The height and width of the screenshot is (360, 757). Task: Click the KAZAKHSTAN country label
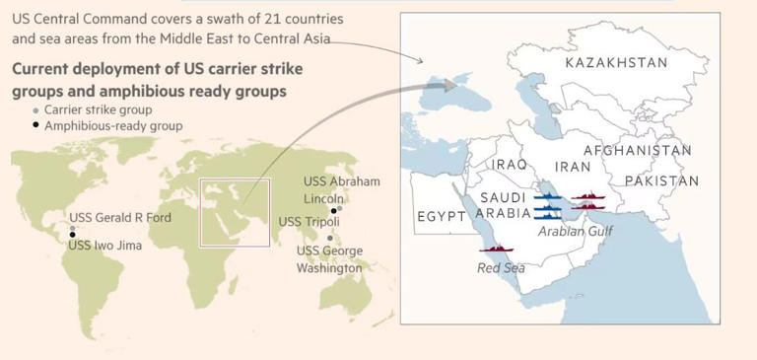point(616,63)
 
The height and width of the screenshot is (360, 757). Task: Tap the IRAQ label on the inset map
point(511,164)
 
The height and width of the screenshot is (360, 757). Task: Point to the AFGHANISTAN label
point(637,150)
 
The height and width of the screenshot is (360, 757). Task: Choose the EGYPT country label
point(441,216)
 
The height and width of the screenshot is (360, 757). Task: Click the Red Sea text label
point(501,267)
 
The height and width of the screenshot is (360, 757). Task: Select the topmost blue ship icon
point(547,198)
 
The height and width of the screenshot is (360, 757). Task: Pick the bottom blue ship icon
point(547,216)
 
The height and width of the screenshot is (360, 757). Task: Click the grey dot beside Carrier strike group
point(36,110)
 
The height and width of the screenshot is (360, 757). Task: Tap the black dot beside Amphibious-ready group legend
point(36,126)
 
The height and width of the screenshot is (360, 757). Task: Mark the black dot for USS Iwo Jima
point(72,235)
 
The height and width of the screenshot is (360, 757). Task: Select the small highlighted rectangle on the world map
point(236,213)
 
